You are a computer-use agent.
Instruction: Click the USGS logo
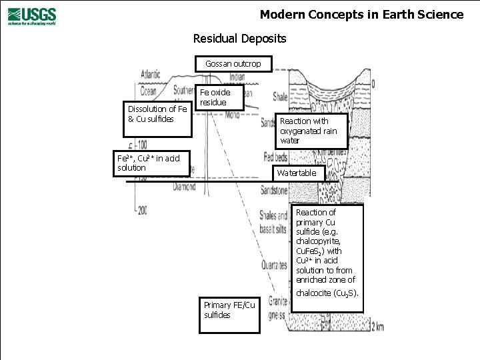[32, 15]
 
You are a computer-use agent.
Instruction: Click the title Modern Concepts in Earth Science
[361, 14]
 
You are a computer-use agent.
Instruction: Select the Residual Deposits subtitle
[239, 39]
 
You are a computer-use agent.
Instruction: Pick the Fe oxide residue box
[221, 97]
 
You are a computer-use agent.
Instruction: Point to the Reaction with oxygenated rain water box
[311, 131]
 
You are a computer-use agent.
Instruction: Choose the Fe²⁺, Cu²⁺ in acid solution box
[153, 163]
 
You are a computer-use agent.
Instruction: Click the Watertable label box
[297, 173]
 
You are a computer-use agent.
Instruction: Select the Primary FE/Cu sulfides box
[230, 310]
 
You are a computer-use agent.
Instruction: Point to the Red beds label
[275, 158]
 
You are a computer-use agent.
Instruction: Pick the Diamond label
[184, 188]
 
